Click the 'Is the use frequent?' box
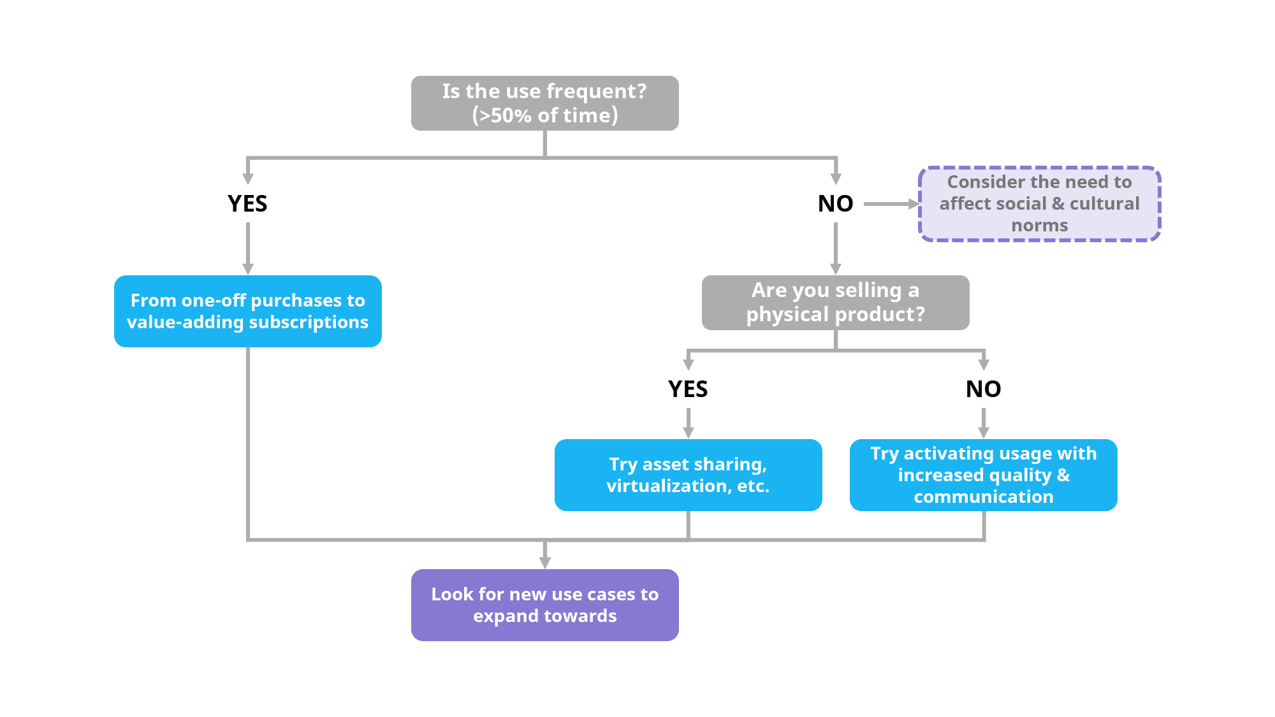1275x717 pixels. coord(544,103)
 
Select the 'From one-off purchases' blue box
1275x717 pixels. coord(247,311)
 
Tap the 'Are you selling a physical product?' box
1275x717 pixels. coord(835,303)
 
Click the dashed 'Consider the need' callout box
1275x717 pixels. coord(1039,204)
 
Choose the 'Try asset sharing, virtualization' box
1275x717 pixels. coord(688,475)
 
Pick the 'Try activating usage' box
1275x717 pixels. coord(983,475)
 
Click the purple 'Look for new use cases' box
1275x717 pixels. coord(544,605)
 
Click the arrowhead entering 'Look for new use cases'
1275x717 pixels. coord(544,562)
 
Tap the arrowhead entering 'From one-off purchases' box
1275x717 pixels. coord(248,268)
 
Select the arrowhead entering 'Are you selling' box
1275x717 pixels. coord(836,268)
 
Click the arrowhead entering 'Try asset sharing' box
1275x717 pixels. coord(688,432)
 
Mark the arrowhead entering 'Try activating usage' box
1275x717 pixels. coord(984,432)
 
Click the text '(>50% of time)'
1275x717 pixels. coord(545,115)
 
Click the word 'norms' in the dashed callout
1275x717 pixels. coord(1039,226)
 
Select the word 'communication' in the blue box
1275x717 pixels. coord(983,497)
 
